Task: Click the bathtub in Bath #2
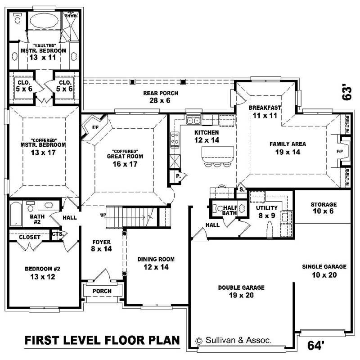(x=16, y=214)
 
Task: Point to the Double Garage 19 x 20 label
(x=241, y=291)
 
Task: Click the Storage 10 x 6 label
(x=323, y=208)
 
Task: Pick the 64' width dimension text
(x=316, y=346)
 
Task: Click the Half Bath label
(x=230, y=210)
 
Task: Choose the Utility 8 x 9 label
(x=267, y=211)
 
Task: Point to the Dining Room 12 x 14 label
(x=156, y=263)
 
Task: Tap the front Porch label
(x=102, y=291)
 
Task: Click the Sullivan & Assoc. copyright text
(x=234, y=341)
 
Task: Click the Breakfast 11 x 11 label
(x=265, y=111)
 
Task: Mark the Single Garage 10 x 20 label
(x=324, y=271)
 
